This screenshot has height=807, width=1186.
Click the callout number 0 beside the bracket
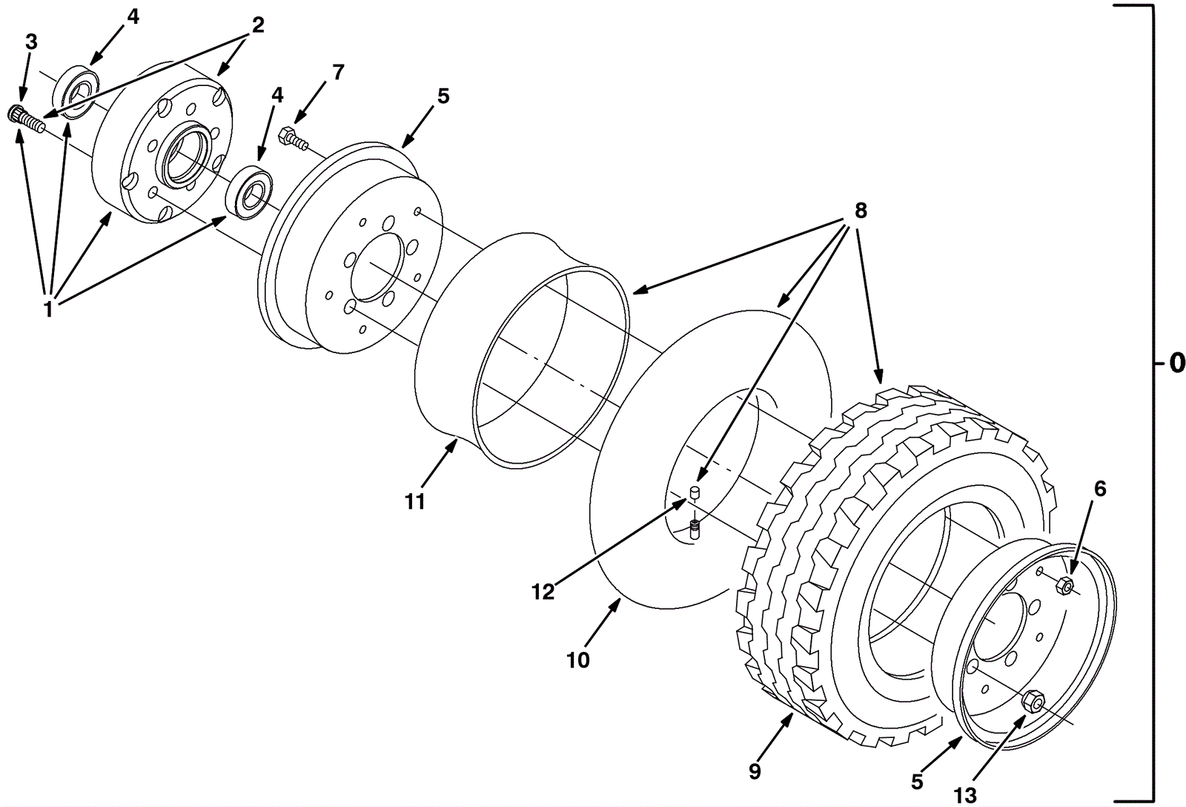pyautogui.click(x=1176, y=364)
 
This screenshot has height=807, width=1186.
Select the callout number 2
pyautogui.click(x=256, y=25)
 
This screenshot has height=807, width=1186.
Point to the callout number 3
pyautogui.click(x=30, y=42)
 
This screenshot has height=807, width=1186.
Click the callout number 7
pyautogui.click(x=338, y=73)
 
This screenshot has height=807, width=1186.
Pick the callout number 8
pyautogui.click(x=860, y=210)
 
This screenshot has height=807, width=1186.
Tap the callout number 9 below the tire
pyautogui.click(x=755, y=771)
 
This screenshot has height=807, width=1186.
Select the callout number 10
pyautogui.click(x=577, y=659)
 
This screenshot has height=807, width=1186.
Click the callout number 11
pyautogui.click(x=415, y=502)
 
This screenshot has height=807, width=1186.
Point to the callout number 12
pyautogui.click(x=543, y=593)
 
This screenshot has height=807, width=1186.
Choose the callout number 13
pyautogui.click(x=965, y=796)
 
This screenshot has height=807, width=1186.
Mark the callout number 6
pyautogui.click(x=1099, y=489)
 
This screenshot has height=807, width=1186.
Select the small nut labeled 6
pyautogui.click(x=1065, y=585)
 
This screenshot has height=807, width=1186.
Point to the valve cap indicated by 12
pyautogui.click(x=695, y=492)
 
